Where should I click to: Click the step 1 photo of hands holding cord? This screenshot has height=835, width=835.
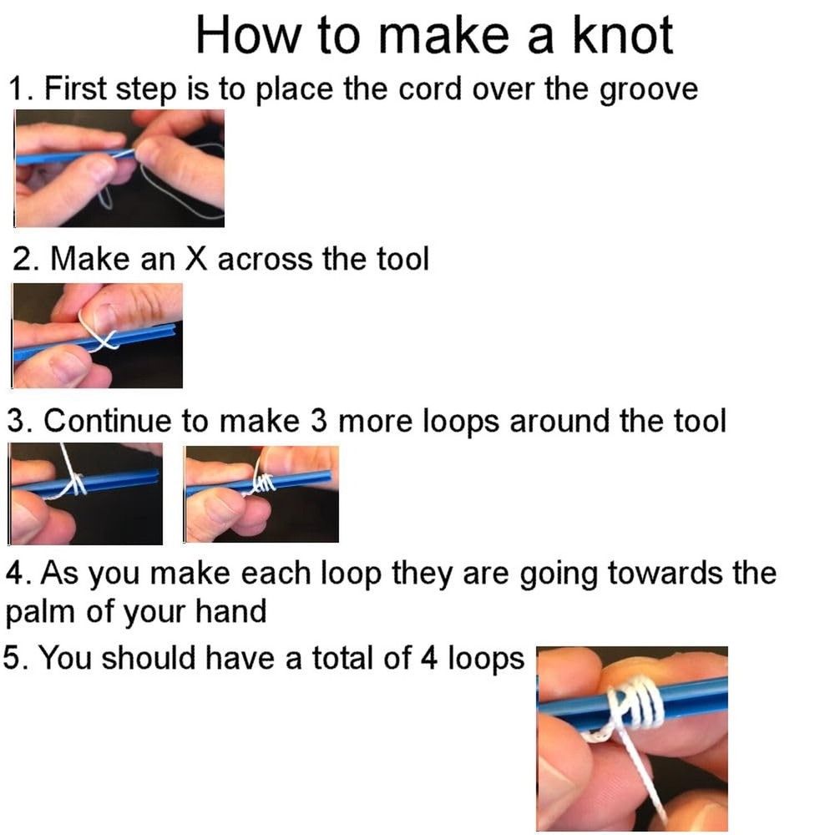(119, 168)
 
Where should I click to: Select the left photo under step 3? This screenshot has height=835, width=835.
(86, 493)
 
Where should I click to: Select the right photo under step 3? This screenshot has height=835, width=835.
(261, 493)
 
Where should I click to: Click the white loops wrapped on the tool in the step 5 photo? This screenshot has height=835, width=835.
(639, 703)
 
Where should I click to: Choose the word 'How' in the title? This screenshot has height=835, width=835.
(239, 35)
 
